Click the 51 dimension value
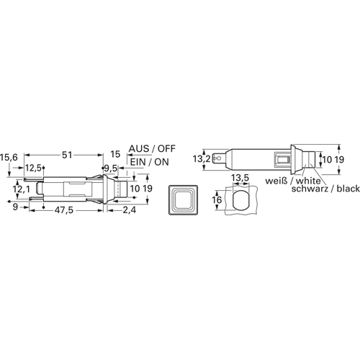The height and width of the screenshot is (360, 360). tap(67, 155)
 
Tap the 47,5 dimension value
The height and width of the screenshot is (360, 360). tap(64, 210)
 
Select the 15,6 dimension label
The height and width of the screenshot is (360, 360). tap(9, 158)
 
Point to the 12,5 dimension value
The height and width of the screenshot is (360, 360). tap(34, 168)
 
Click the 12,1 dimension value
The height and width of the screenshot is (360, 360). tap(22, 189)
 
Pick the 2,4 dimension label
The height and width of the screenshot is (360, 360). tap(130, 210)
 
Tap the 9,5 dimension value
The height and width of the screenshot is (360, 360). tap(111, 168)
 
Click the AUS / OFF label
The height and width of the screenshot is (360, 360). tap(152, 149)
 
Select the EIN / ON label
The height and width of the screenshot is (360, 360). tap(150, 162)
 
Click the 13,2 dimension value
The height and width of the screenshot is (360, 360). tap(202, 159)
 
